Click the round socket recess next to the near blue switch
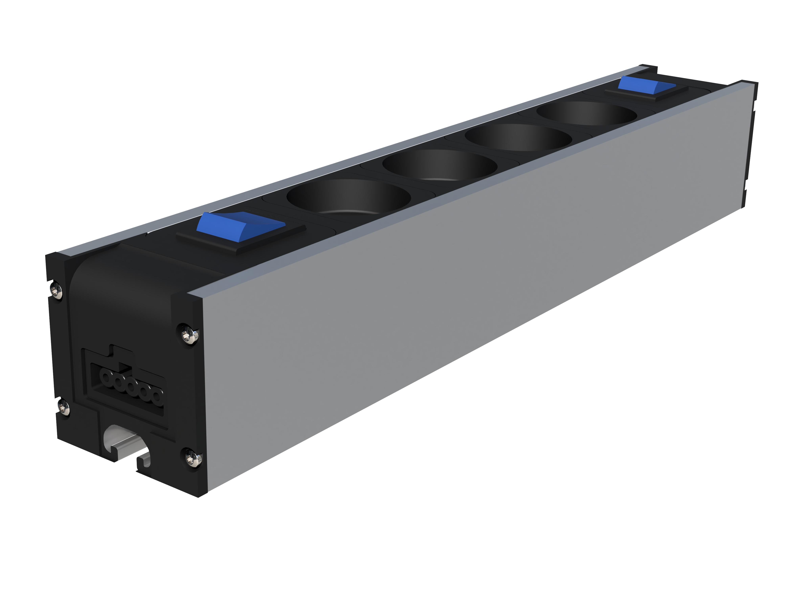coord(349,197)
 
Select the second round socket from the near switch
coord(440,165)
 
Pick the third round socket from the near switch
coord(518,138)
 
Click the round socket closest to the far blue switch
coord(586,113)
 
